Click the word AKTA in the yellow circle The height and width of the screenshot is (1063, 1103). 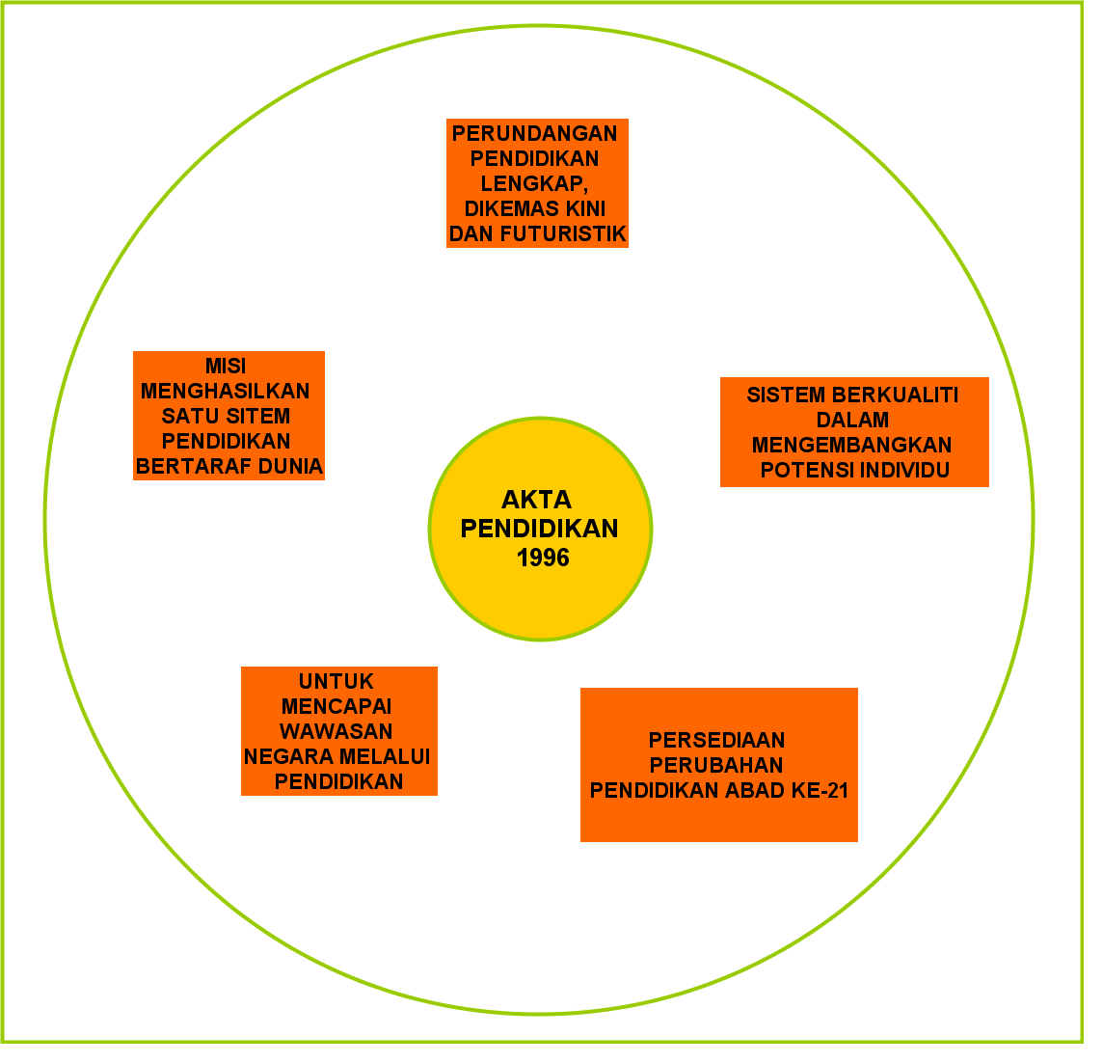[536, 500]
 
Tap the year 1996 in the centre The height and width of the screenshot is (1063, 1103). [543, 558]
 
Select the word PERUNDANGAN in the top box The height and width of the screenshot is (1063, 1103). [535, 133]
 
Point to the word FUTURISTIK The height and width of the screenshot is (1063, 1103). [577, 233]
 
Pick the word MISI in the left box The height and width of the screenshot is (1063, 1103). [226, 367]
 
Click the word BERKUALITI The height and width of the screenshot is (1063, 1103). [888, 395]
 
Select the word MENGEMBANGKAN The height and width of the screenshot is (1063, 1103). [852, 445]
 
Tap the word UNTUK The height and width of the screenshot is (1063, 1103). [336, 681]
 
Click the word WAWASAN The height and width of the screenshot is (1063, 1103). [336, 731]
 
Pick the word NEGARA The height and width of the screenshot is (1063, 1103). [285, 756]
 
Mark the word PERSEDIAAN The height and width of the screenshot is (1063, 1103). [716, 740]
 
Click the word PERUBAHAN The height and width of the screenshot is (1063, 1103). [716, 765]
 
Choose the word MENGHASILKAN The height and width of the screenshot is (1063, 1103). [226, 392]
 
